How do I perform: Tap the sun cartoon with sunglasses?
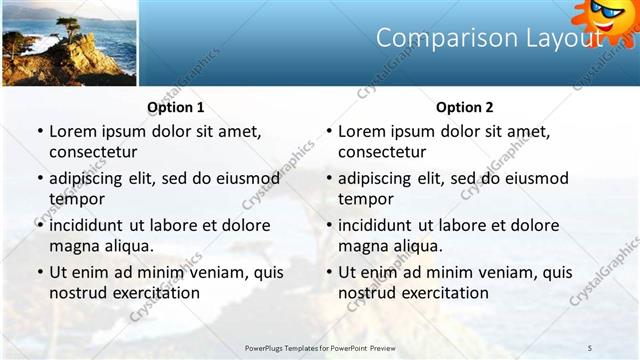[605, 18]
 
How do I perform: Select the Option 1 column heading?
[176, 107]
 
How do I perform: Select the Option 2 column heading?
[465, 107]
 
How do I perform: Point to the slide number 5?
[590, 347]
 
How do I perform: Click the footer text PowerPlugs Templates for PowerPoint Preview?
[320, 347]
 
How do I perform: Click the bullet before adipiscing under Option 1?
[39, 179]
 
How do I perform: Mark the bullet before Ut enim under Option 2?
[328, 272]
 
